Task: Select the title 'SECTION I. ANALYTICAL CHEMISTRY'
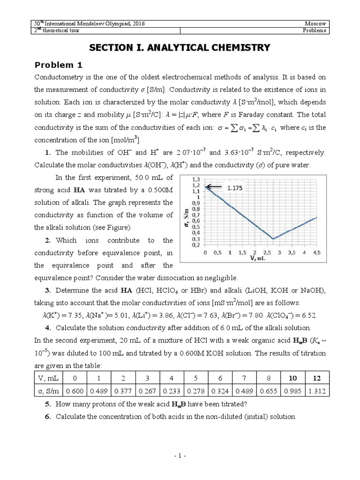coord(180,47)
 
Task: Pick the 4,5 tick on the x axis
coord(317,252)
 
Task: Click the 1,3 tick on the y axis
coord(195,180)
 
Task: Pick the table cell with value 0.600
coord(75,390)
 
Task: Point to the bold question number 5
coord(48,404)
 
